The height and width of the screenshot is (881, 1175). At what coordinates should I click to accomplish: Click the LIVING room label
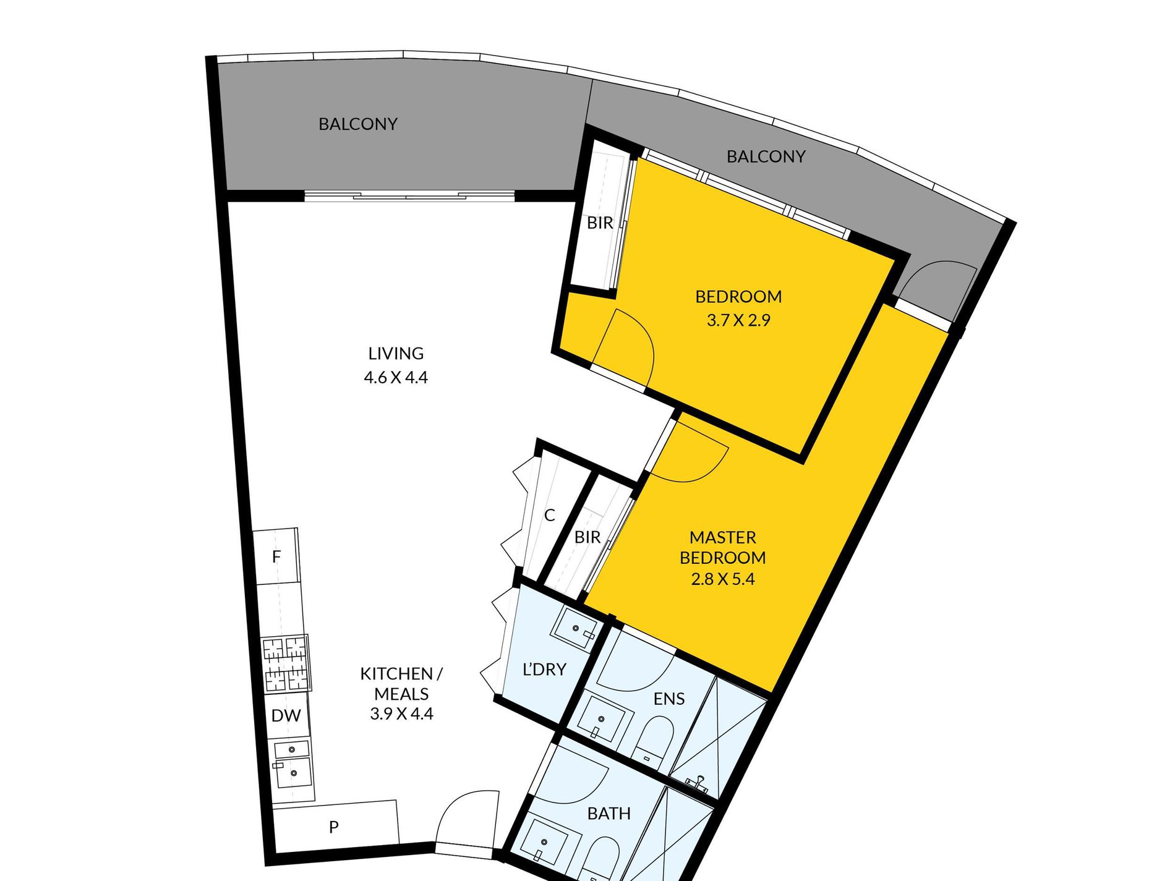click(396, 354)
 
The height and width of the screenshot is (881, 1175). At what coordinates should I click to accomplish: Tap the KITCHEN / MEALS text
click(401, 683)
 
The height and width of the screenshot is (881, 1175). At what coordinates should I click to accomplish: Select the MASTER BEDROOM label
click(723, 547)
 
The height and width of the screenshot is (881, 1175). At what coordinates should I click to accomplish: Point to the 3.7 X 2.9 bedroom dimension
click(738, 320)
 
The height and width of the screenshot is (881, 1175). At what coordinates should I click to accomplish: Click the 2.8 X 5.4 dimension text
click(723, 579)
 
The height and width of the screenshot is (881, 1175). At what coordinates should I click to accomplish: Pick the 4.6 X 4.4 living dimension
click(396, 377)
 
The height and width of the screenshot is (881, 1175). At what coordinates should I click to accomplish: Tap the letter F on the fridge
click(276, 557)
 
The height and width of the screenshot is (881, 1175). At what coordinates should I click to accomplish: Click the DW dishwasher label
click(286, 716)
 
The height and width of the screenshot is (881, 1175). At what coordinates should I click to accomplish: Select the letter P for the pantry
click(334, 827)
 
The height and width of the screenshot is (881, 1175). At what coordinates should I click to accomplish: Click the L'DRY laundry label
click(544, 670)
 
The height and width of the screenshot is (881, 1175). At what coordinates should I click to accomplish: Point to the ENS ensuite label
click(669, 699)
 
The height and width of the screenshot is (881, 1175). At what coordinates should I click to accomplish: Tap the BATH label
click(609, 814)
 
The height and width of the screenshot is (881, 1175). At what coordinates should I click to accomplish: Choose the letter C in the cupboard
click(550, 515)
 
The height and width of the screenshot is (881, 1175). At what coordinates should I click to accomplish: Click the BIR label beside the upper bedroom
click(600, 223)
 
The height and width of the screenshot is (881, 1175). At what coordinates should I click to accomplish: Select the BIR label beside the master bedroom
click(587, 537)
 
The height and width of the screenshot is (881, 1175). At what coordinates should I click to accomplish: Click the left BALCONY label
click(358, 124)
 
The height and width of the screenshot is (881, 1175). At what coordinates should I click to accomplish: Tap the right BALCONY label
click(766, 157)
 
